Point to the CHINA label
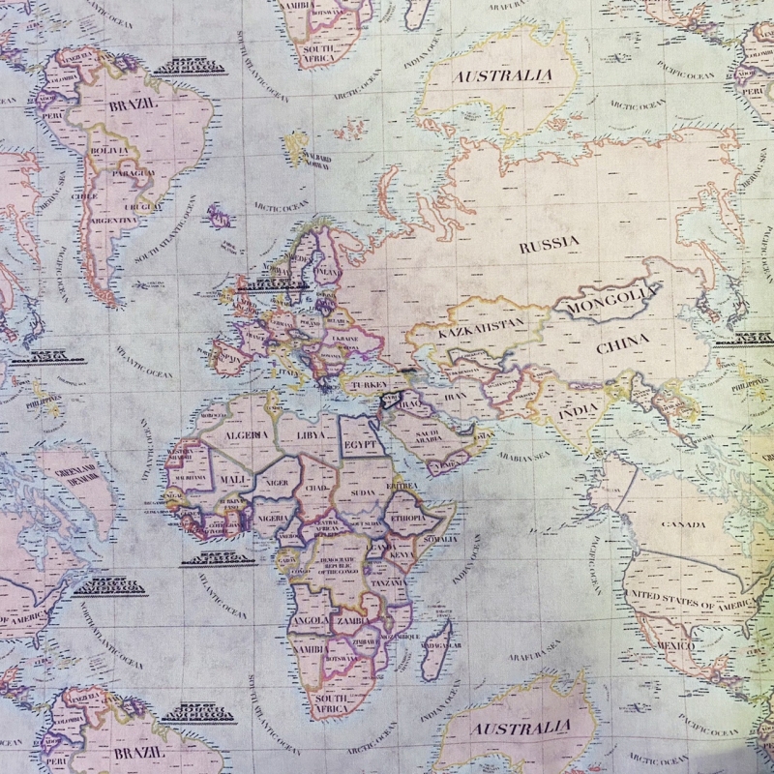coord(623,344)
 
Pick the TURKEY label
coord(369,384)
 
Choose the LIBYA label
coord(312,436)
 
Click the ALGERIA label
coord(247,434)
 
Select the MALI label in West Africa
coord(233,477)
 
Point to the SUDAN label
coord(363,491)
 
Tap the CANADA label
coord(683,523)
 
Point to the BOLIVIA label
coord(108,151)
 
